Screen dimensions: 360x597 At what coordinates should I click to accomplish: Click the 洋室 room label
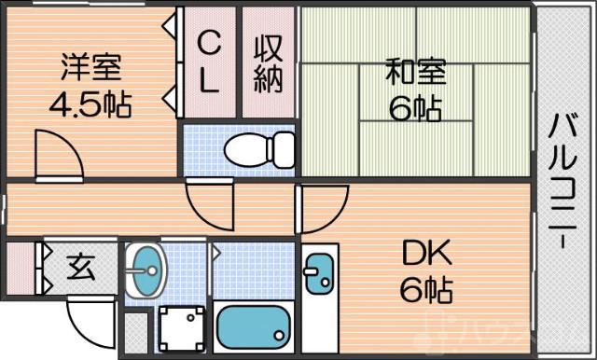tap(90, 67)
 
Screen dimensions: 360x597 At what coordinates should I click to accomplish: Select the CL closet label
tap(209, 62)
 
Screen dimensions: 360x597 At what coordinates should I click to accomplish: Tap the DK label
tap(427, 254)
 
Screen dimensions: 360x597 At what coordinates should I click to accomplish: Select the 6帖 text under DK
tap(427, 292)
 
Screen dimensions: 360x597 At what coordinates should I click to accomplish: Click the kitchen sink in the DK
tap(318, 275)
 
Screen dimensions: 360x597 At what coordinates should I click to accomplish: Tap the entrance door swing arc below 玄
tap(93, 321)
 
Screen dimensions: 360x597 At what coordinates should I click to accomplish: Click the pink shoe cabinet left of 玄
tap(20, 268)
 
